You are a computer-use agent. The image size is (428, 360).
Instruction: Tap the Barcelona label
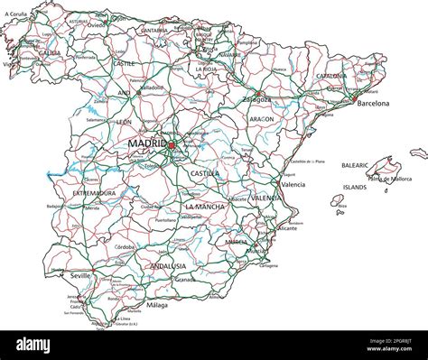pyautogui.click(x=373, y=104)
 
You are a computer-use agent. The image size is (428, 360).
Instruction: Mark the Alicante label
pyautogui.click(x=287, y=229)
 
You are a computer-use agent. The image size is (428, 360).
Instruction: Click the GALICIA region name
pyautogui.click(x=50, y=53)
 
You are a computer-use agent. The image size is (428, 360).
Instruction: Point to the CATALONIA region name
pyautogui.click(x=330, y=76)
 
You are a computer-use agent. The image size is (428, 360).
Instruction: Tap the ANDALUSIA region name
pyautogui.click(x=167, y=266)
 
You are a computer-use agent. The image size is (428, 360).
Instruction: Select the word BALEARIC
pyautogui.click(x=354, y=166)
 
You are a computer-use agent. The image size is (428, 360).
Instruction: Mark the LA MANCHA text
pyautogui.click(x=205, y=207)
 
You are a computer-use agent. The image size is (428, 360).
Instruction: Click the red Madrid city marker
pyautogui.click(x=171, y=143)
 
